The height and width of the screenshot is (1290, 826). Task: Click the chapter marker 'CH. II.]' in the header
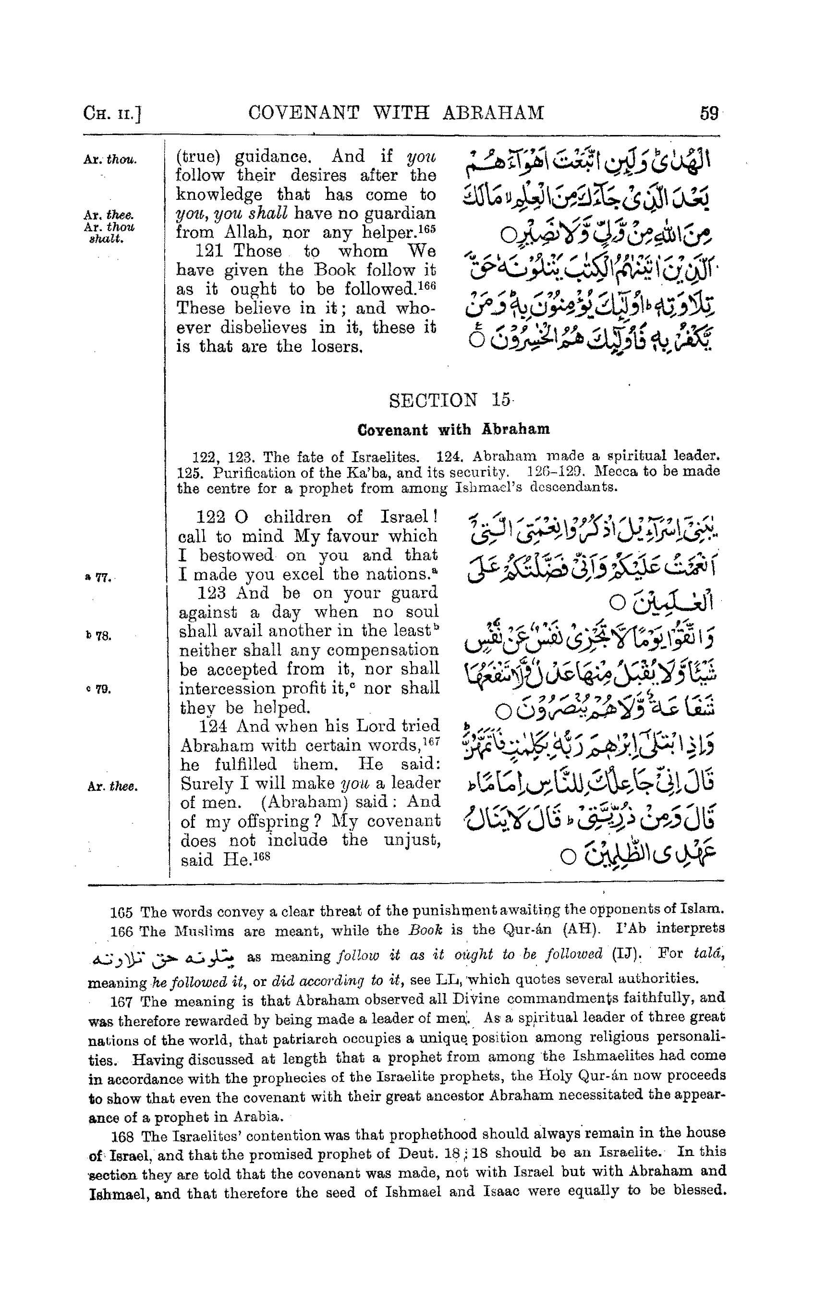[x=112, y=114]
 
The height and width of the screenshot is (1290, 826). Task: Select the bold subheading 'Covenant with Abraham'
[x=453, y=430]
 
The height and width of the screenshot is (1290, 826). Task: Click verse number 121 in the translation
[x=208, y=251]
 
